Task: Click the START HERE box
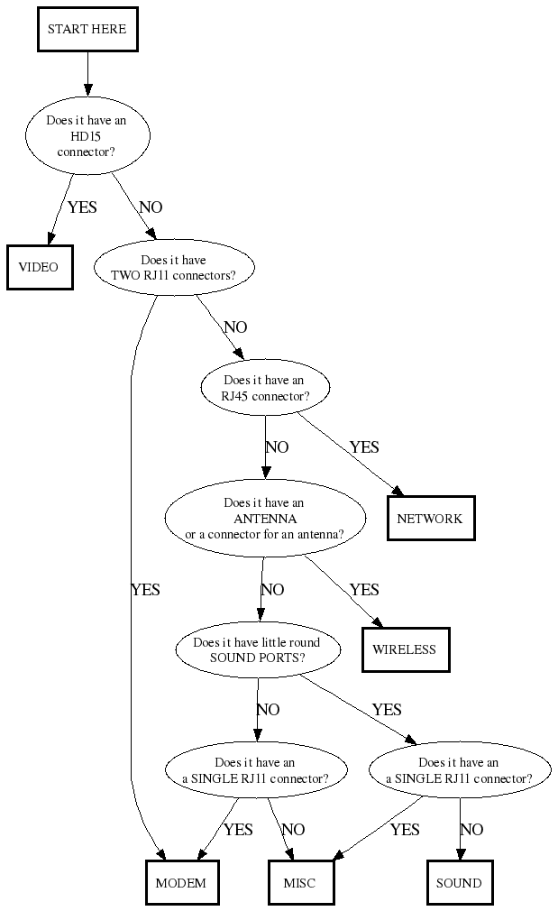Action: [x=87, y=30]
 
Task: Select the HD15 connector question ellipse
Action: [x=87, y=137]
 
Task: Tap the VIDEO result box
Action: [x=39, y=267]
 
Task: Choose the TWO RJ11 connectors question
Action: [x=174, y=268]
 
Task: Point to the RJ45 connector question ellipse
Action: [x=265, y=388]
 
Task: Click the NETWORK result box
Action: [x=430, y=519]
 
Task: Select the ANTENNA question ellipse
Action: [x=265, y=519]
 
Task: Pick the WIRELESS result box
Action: [x=405, y=649]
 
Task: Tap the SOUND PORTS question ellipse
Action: [x=257, y=649]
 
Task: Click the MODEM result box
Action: [x=181, y=883]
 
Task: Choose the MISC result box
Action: [x=299, y=883]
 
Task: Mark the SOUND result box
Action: [x=459, y=883]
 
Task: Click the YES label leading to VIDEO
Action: [x=82, y=207]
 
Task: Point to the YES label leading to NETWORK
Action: [x=364, y=447]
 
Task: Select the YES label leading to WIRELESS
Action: [x=364, y=590]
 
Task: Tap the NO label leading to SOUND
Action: [x=471, y=830]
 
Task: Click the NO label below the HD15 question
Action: [x=151, y=207]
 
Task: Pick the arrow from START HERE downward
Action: [x=87, y=73]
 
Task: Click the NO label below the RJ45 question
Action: [x=277, y=447]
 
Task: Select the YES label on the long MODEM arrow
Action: [x=145, y=590]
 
